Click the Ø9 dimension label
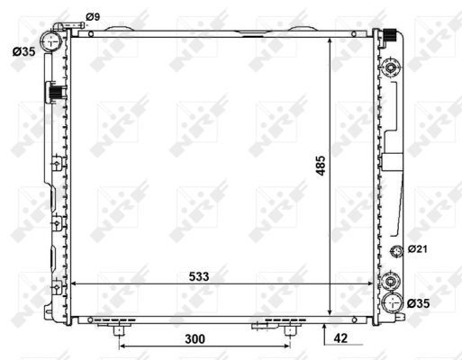[x=93, y=17]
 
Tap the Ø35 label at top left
[x=23, y=51]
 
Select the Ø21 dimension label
[x=417, y=248]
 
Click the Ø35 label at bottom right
[x=419, y=303]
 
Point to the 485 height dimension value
[x=321, y=166]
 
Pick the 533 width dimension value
[x=199, y=276]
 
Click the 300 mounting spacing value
[x=195, y=339]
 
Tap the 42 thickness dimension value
[x=340, y=338]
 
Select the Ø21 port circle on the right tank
[x=396, y=251]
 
